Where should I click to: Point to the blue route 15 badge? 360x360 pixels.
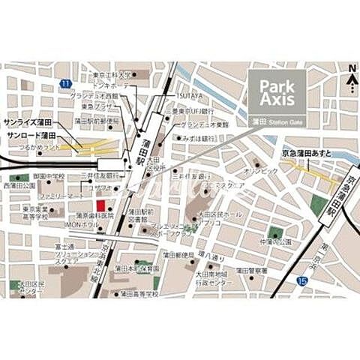click(x=301, y=280)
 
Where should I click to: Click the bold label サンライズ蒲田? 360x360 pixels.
click(x=28, y=121)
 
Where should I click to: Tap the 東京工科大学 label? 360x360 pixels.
click(x=112, y=75)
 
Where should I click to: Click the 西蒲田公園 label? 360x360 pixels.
click(x=20, y=184)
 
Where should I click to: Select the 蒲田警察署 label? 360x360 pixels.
click(x=252, y=271)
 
